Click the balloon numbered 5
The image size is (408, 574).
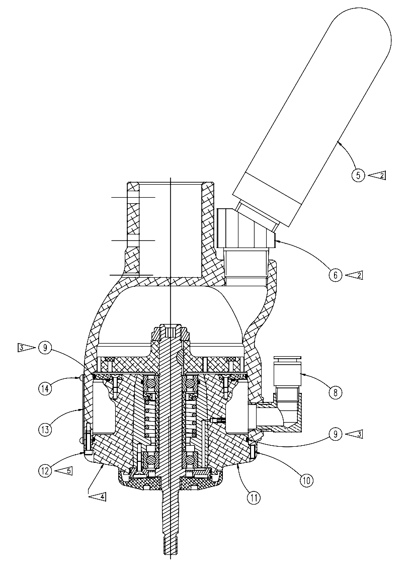[x=358, y=176]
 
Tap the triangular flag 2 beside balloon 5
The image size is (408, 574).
[x=377, y=176]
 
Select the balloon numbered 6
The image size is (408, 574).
[x=337, y=275]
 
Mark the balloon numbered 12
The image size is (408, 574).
[x=46, y=471]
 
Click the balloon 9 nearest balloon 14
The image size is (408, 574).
[x=45, y=348]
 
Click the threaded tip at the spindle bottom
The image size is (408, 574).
[x=171, y=546]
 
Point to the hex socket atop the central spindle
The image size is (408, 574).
[x=171, y=332]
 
